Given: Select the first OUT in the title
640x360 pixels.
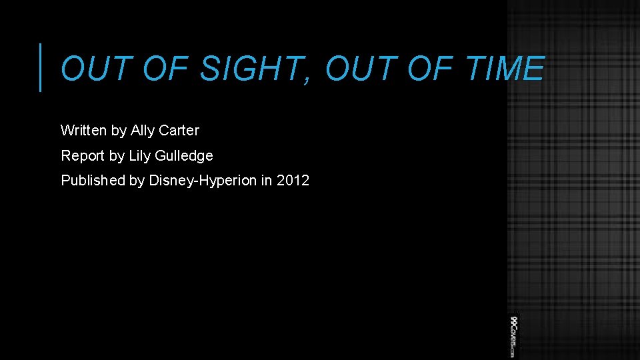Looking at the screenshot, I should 93,69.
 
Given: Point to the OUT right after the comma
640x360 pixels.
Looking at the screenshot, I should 357,69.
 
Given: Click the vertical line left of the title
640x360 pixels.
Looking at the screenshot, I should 41,67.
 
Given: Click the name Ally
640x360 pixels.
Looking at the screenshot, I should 143,131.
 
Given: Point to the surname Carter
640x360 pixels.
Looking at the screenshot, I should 179,131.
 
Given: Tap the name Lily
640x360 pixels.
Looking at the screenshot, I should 139,156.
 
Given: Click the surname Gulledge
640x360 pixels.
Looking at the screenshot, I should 183,157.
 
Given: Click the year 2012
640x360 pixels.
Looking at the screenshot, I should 293,181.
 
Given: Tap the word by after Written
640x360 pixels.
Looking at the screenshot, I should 119,131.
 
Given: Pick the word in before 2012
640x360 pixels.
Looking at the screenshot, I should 267,181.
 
